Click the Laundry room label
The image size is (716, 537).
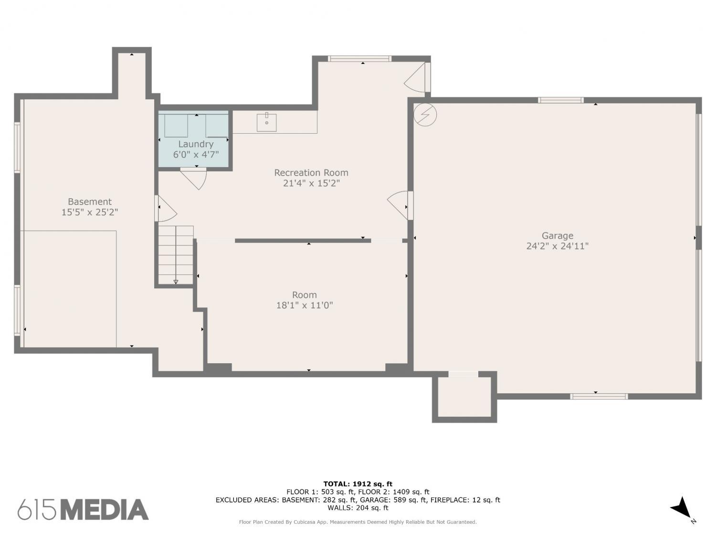[x=196, y=144]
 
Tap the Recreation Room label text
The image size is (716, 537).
[x=311, y=172]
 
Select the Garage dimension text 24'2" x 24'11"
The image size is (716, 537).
[x=557, y=246]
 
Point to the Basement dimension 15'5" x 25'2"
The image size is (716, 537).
[x=90, y=212]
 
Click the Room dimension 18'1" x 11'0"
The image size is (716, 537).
[x=305, y=305]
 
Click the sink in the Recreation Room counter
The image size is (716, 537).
[x=266, y=122]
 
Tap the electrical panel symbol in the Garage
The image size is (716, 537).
[x=425, y=115]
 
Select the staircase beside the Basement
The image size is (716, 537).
[x=176, y=255]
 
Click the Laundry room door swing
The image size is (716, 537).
[x=194, y=179]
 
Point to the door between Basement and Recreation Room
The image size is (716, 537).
[x=166, y=209]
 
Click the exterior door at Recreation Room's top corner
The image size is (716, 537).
[x=418, y=77]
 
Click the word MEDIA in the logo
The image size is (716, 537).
[x=105, y=510]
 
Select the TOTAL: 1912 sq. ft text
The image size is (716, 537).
[x=358, y=484]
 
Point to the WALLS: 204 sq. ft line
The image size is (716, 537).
[x=358, y=508]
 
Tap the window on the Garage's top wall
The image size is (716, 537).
[x=561, y=100]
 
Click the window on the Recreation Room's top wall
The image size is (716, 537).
[x=359, y=59]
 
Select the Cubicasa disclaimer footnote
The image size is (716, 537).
[x=358, y=522]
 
